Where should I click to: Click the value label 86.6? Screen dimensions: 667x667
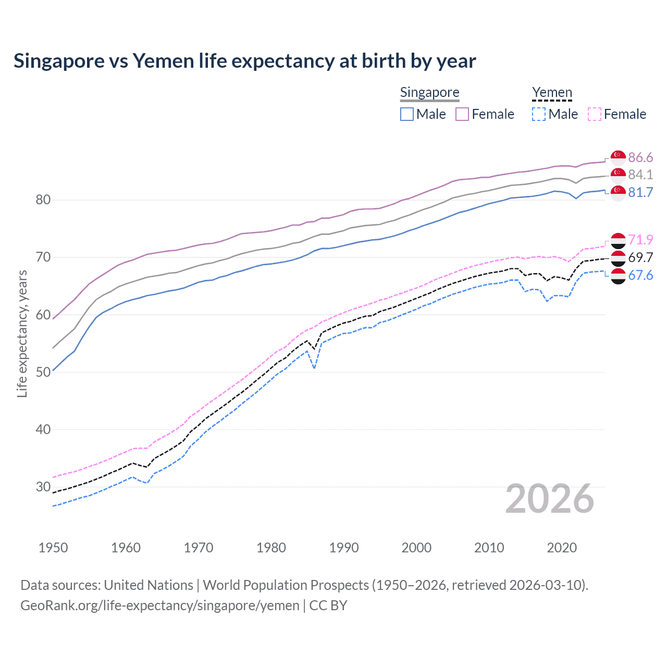click(x=640, y=157)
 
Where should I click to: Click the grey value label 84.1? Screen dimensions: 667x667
click(x=640, y=175)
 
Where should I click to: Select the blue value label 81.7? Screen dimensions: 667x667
click(x=640, y=192)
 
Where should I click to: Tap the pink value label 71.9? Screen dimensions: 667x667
click(x=640, y=240)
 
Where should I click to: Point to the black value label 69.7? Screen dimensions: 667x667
click(x=640, y=257)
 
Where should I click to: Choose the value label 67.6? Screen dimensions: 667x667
click(x=640, y=275)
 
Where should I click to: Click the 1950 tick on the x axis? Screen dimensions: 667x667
click(x=53, y=548)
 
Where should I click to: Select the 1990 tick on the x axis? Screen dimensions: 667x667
click(x=344, y=548)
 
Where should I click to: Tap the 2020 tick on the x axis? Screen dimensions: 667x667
click(x=562, y=548)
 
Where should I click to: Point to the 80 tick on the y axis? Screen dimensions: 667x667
click(x=43, y=200)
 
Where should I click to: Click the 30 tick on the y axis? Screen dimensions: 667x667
click(x=43, y=487)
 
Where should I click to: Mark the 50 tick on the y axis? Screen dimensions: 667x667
click(x=43, y=372)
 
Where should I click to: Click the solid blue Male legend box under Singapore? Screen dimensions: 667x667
click(x=407, y=114)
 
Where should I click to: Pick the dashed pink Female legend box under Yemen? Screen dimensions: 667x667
click(x=595, y=114)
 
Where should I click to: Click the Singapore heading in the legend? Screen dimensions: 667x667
click(x=429, y=92)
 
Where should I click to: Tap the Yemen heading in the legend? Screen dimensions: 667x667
click(x=552, y=92)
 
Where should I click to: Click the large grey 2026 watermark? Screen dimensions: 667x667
click(x=549, y=499)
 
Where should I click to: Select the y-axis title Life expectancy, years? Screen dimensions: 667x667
click(x=22, y=333)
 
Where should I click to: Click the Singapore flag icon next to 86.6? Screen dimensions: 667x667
click(x=618, y=157)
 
